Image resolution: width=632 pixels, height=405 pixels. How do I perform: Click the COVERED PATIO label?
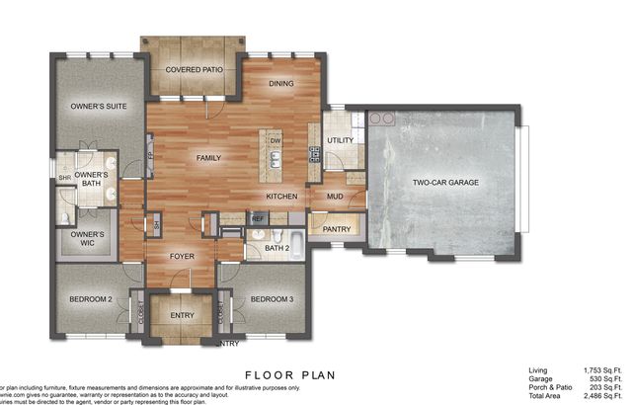194,70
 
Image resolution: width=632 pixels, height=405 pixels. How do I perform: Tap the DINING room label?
281,84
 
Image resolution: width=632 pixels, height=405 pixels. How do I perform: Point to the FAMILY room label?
208,157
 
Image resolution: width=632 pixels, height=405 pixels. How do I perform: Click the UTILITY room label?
340,140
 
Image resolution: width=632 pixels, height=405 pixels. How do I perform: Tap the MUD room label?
335,196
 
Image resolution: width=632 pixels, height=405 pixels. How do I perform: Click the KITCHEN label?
282,197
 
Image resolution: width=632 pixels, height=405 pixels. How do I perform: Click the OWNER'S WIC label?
87,239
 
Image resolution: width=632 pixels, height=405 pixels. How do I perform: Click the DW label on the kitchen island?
276,141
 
